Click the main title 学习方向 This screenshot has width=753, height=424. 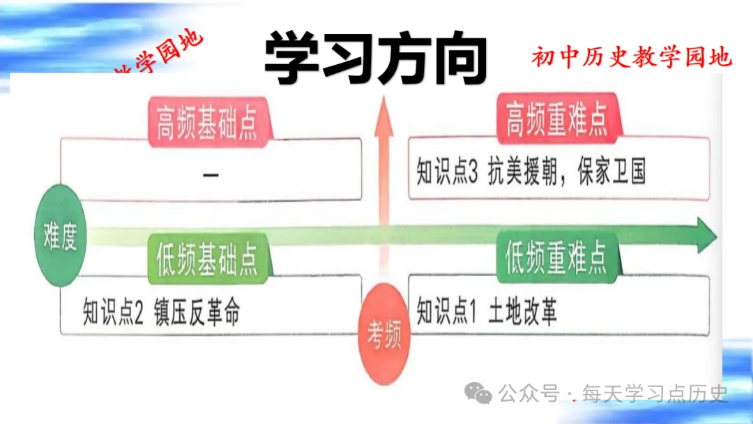[375, 59]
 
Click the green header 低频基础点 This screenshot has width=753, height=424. [203, 259]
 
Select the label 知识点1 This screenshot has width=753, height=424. [446, 313]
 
